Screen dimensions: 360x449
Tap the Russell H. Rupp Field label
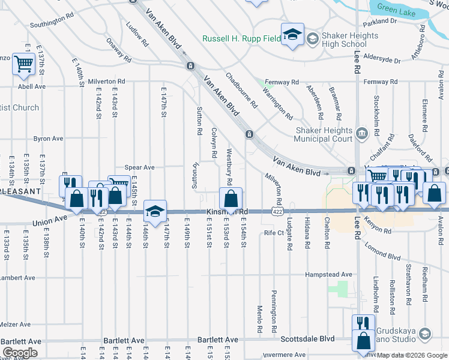coord(241,39)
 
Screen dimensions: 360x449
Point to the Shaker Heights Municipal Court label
coord(323,134)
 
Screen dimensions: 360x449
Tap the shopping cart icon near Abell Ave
coord(23,63)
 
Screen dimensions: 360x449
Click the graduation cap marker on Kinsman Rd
coord(155,211)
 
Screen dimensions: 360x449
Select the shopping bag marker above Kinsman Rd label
coord(231,197)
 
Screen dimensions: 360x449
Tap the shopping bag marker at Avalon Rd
coord(435,193)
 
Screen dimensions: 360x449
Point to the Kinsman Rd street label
coord(227,212)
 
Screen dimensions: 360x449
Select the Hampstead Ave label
coord(330,274)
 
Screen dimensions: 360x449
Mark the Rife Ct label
coord(273,233)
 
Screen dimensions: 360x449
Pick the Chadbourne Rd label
coord(241,91)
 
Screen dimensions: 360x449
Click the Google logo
coord(20,353)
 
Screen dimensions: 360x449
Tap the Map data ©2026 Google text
coord(412,355)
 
